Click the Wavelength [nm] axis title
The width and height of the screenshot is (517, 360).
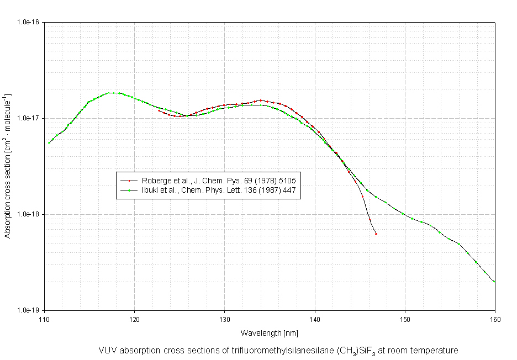click(270, 333)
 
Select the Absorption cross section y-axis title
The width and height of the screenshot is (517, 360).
click(8, 166)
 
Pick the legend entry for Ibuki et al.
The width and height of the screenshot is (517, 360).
click(220, 190)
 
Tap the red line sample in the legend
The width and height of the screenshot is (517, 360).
click(129, 181)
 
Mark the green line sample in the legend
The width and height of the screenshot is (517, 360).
click(129, 190)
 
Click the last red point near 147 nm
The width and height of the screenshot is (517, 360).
click(376, 234)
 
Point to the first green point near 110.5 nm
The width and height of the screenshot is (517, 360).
click(49, 142)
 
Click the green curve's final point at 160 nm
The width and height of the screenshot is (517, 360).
click(494, 282)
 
